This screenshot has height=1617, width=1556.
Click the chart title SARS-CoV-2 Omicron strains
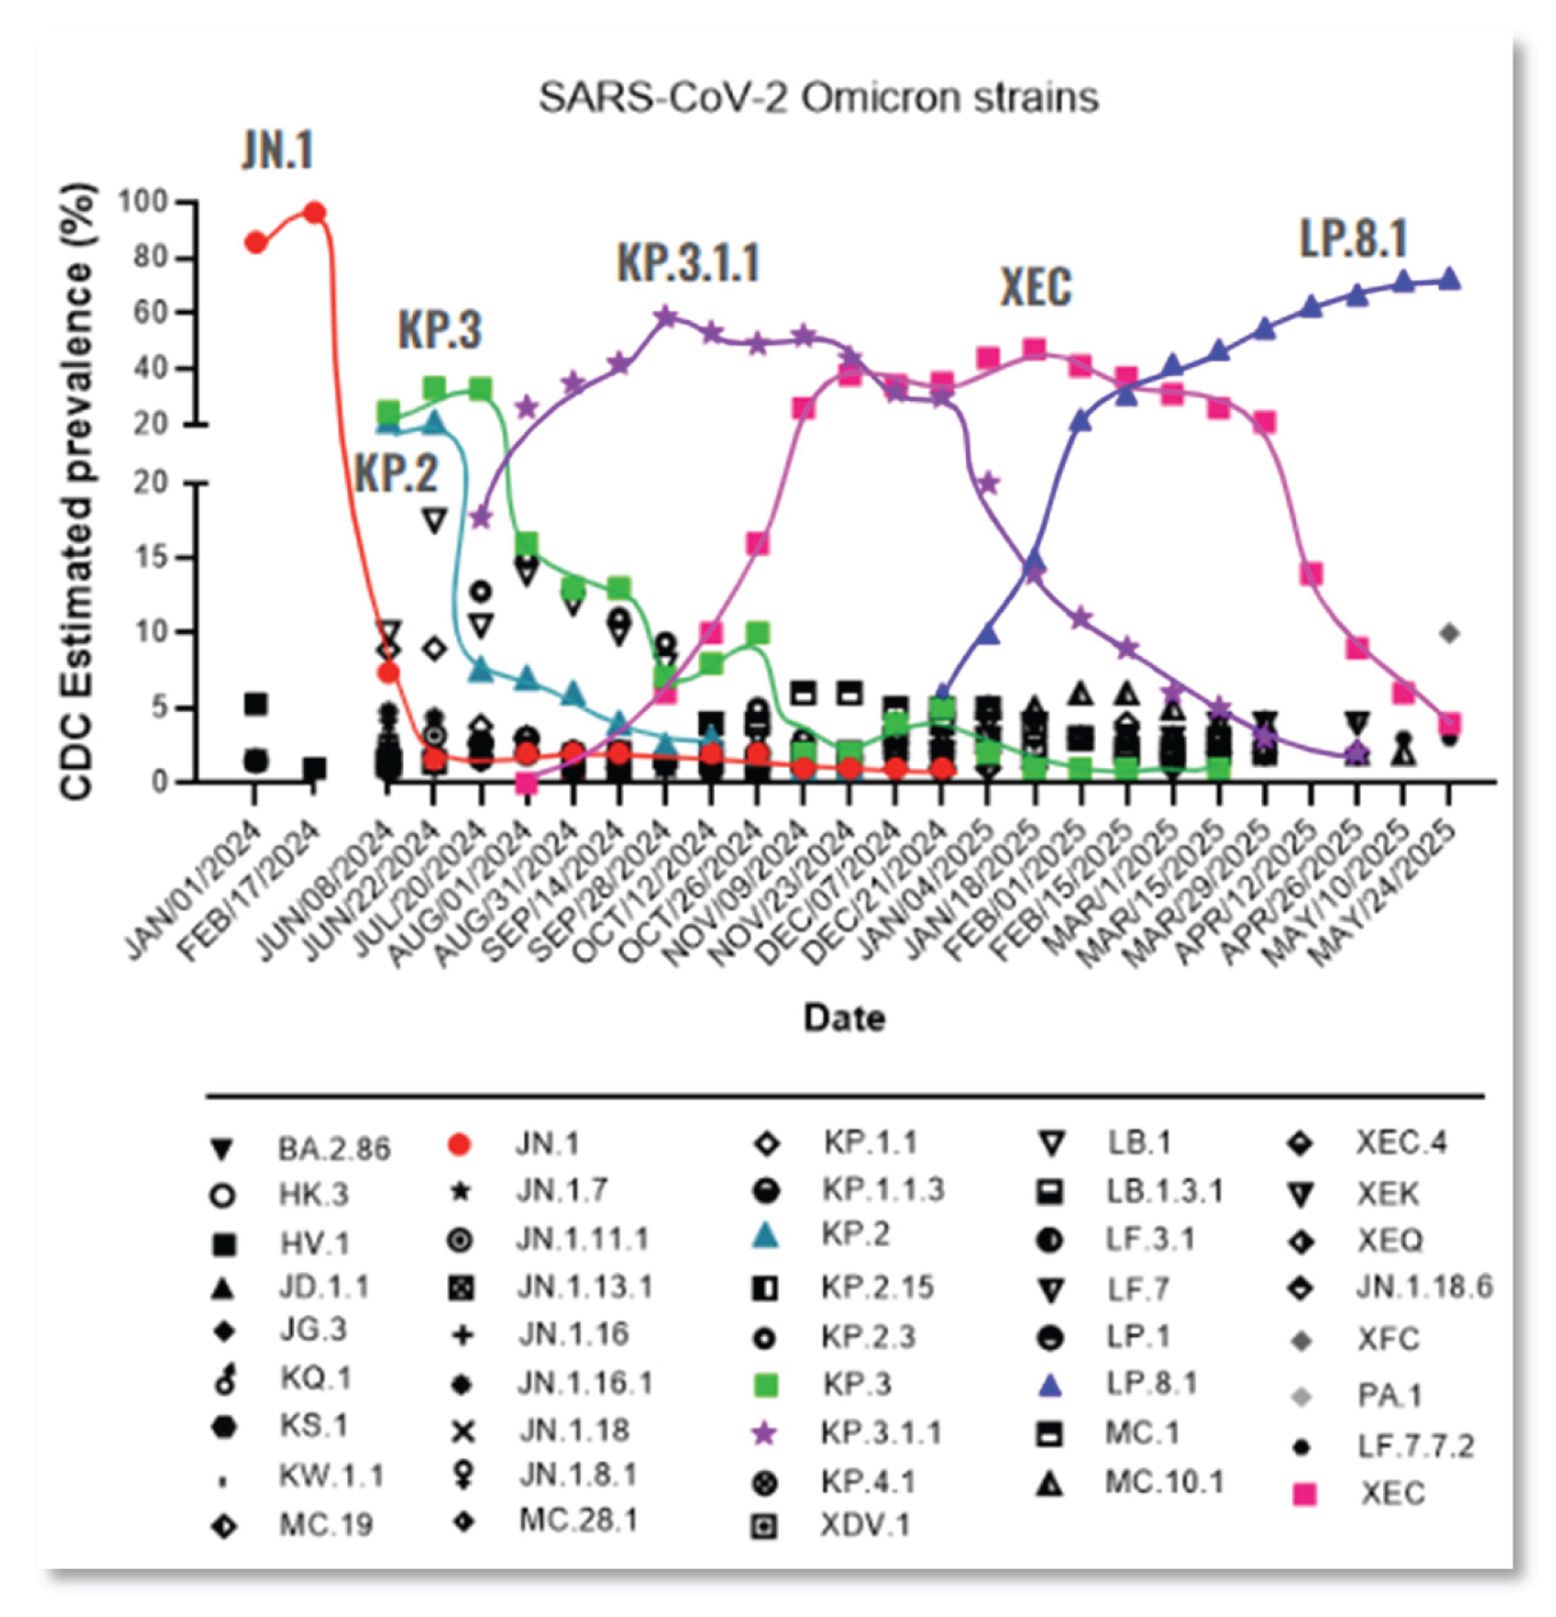point(818,98)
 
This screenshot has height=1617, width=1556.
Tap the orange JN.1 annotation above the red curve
point(278,151)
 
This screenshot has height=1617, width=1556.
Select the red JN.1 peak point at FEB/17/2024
point(314,213)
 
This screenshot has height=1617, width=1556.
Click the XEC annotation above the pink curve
point(1036,288)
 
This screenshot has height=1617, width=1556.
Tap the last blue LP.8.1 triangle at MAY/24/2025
point(1450,280)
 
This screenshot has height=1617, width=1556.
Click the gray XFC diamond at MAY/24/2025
point(1450,634)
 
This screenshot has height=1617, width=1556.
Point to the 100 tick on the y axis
point(153,201)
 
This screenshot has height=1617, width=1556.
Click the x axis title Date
point(844,1017)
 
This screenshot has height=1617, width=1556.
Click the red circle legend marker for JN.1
point(459,1145)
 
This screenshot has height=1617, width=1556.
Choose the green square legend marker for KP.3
point(766,1384)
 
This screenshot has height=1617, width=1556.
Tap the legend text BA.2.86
point(334,1148)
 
